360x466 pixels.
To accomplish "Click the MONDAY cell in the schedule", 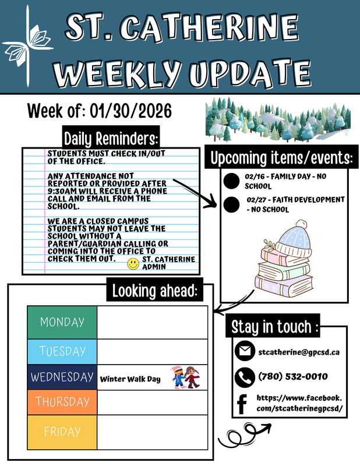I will click(x=62, y=322).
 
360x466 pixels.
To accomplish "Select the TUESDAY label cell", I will click(x=62, y=351).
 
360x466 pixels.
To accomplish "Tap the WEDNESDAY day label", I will click(x=62, y=377).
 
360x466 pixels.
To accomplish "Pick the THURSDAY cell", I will click(x=62, y=402).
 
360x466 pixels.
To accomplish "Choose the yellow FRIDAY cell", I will click(x=62, y=432).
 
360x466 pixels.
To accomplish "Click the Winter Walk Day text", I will click(x=130, y=379).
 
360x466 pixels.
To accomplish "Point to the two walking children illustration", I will click(x=186, y=377).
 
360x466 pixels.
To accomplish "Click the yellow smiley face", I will click(x=133, y=264).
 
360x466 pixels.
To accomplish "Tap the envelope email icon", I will click(x=243, y=352).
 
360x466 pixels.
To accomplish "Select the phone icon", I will click(x=243, y=377).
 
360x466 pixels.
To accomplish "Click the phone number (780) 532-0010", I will click(x=292, y=377).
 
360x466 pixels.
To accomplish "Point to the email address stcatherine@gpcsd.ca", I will click(x=299, y=352).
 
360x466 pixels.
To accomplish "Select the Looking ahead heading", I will click(x=156, y=291).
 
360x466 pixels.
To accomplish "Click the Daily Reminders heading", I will click(x=111, y=139).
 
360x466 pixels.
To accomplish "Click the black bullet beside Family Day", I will click(x=232, y=181).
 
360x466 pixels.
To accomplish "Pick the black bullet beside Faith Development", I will click(x=232, y=204).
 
